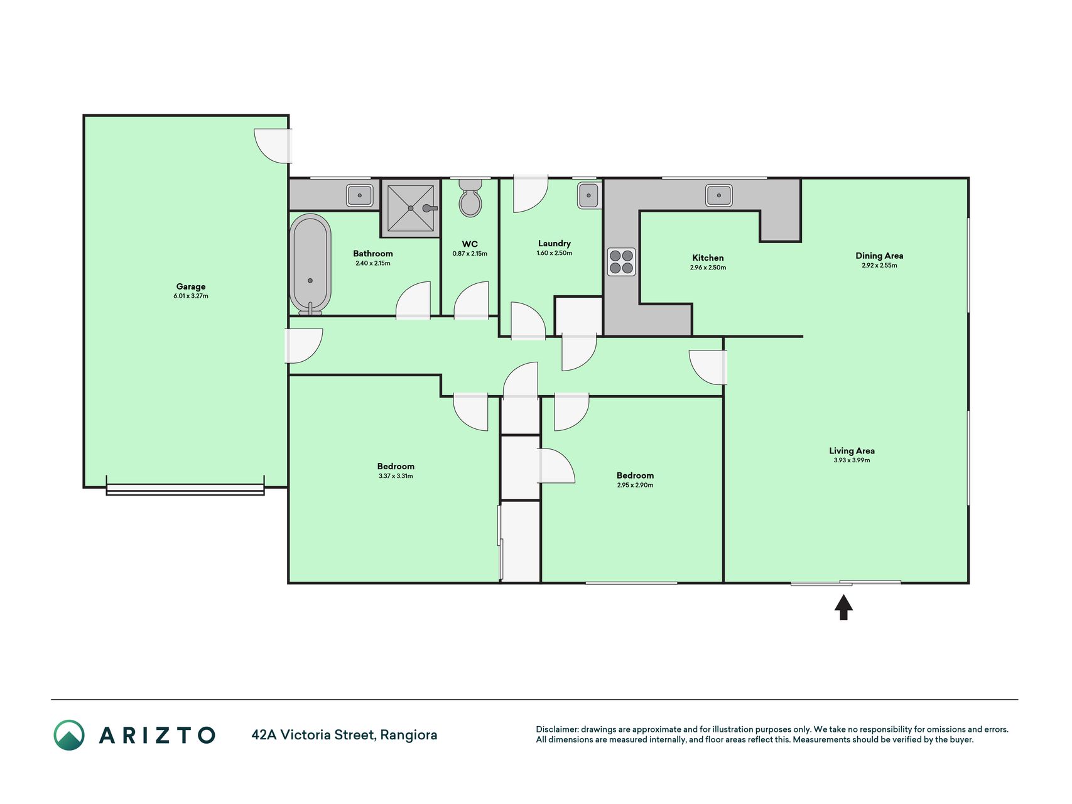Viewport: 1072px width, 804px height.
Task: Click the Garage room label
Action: point(191,286)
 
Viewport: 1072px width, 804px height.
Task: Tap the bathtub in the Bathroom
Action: point(310,264)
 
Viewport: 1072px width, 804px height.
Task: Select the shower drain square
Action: point(411,208)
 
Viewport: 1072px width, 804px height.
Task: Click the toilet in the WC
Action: point(470,197)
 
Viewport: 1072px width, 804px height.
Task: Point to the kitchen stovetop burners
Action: point(622,262)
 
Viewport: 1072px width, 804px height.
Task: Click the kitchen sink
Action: point(718,195)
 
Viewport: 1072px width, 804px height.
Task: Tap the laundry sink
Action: point(588,195)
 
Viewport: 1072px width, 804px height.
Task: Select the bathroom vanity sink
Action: point(360,195)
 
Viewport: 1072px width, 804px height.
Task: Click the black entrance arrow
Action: point(843,607)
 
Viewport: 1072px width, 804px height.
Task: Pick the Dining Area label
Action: point(879,256)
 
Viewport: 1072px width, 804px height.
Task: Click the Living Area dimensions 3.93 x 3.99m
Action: point(852,460)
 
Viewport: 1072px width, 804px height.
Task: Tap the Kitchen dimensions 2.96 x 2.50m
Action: point(708,268)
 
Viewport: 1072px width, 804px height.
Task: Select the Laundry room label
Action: point(555,244)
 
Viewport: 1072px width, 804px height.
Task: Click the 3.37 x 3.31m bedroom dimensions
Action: point(396,476)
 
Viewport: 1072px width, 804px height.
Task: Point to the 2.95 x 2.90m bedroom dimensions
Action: point(635,485)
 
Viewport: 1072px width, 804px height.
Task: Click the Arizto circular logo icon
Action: point(69,735)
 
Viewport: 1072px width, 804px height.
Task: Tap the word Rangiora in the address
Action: point(409,735)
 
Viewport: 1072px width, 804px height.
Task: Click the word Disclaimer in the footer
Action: point(556,729)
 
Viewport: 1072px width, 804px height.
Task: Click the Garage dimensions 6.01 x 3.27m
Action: point(191,296)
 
